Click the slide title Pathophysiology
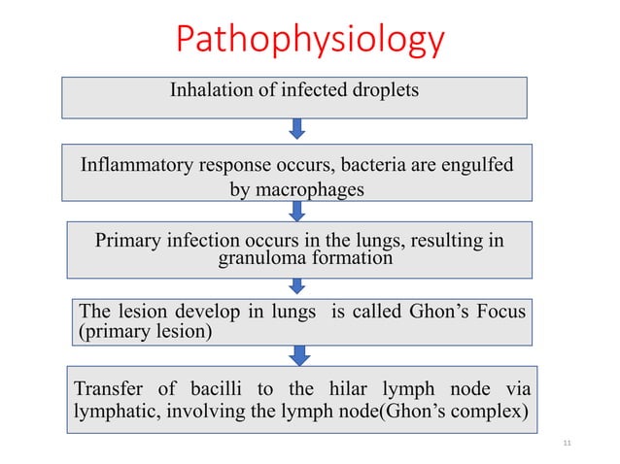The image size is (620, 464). click(x=309, y=41)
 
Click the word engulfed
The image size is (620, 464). click(x=471, y=165)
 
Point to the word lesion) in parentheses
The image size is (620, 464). click(x=178, y=332)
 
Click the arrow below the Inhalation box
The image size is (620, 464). click(x=297, y=128)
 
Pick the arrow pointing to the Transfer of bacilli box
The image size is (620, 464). click(x=297, y=353)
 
